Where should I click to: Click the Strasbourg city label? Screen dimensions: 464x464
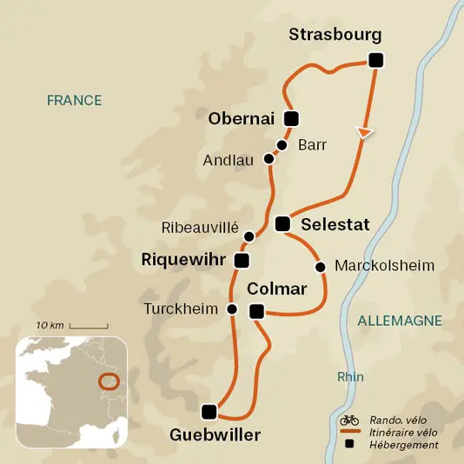tap(335, 35)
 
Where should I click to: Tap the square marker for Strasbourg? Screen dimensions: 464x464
tap(375, 60)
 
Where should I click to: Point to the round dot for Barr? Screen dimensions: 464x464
tap(282, 145)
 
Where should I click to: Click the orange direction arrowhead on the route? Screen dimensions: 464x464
tap(367, 132)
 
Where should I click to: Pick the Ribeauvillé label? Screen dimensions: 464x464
tap(200, 228)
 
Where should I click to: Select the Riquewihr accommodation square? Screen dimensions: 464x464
tap(242, 260)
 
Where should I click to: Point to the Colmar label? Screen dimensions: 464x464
tap(277, 289)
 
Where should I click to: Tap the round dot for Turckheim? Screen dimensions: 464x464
tap(232, 308)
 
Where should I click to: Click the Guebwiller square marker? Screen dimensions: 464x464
tap(208, 411)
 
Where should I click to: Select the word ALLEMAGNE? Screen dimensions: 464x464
tap(400, 321)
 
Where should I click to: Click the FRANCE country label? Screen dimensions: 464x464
tap(74, 100)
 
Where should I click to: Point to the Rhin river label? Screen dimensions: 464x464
tap(351, 377)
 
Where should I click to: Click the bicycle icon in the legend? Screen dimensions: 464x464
tap(349, 419)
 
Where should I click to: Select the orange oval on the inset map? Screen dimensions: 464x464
tap(109, 381)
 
